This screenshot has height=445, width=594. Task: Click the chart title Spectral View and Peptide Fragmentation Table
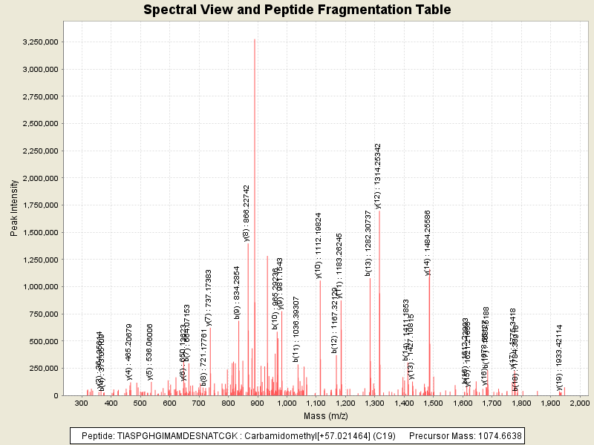tap(297, 10)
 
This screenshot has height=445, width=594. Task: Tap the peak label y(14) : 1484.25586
tap(428, 242)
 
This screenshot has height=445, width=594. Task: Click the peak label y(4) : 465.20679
tap(129, 352)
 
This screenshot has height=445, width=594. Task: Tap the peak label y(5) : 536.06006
tap(150, 352)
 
